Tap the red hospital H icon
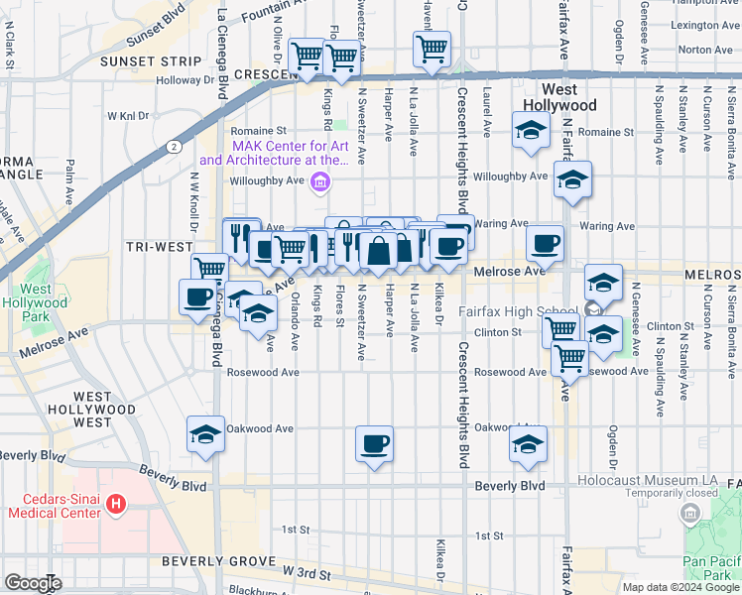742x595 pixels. click(117, 505)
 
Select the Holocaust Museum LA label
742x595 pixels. click(656, 480)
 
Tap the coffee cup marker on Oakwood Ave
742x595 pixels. click(374, 443)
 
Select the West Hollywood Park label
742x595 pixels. click(44, 297)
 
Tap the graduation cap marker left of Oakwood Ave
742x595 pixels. click(205, 433)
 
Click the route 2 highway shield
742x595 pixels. click(175, 146)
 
